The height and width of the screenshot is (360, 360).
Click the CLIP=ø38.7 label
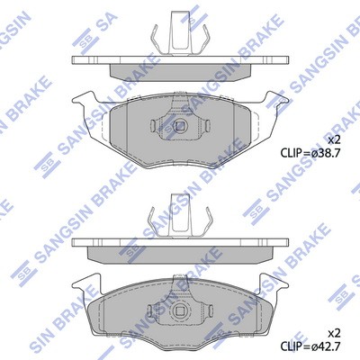tap(310, 153)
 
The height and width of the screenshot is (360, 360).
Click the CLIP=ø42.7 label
tap(310, 346)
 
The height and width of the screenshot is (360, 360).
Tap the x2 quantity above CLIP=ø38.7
tap(334, 139)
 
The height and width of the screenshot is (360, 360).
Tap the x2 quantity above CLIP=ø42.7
tap(334, 333)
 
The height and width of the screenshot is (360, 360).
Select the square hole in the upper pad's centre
tap(180, 125)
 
